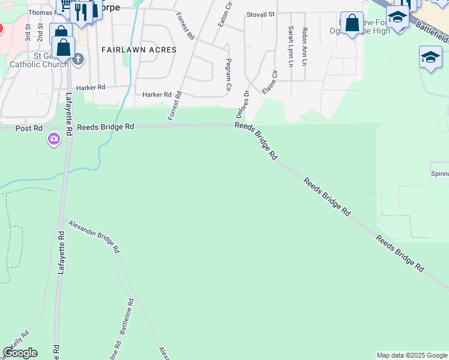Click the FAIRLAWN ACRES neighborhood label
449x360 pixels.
[x=139, y=50]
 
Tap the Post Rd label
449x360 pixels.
[x=29, y=128]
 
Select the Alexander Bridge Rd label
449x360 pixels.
[x=94, y=235]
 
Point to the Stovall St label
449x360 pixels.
[x=261, y=14]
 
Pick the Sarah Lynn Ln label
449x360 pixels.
[x=291, y=45]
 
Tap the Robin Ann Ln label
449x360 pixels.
[x=305, y=45]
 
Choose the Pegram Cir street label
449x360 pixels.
[x=229, y=74]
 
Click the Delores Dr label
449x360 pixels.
[x=244, y=104]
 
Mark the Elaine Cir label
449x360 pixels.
[x=270, y=82]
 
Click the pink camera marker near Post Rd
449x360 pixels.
[x=54, y=140]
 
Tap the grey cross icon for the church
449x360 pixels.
[x=78, y=59]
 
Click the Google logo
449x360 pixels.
[x=20, y=353]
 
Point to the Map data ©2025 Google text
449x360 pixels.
[x=412, y=355]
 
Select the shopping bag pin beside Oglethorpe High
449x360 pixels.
[x=352, y=23]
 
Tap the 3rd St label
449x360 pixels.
[x=28, y=33]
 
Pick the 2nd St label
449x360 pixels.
[x=40, y=33]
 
